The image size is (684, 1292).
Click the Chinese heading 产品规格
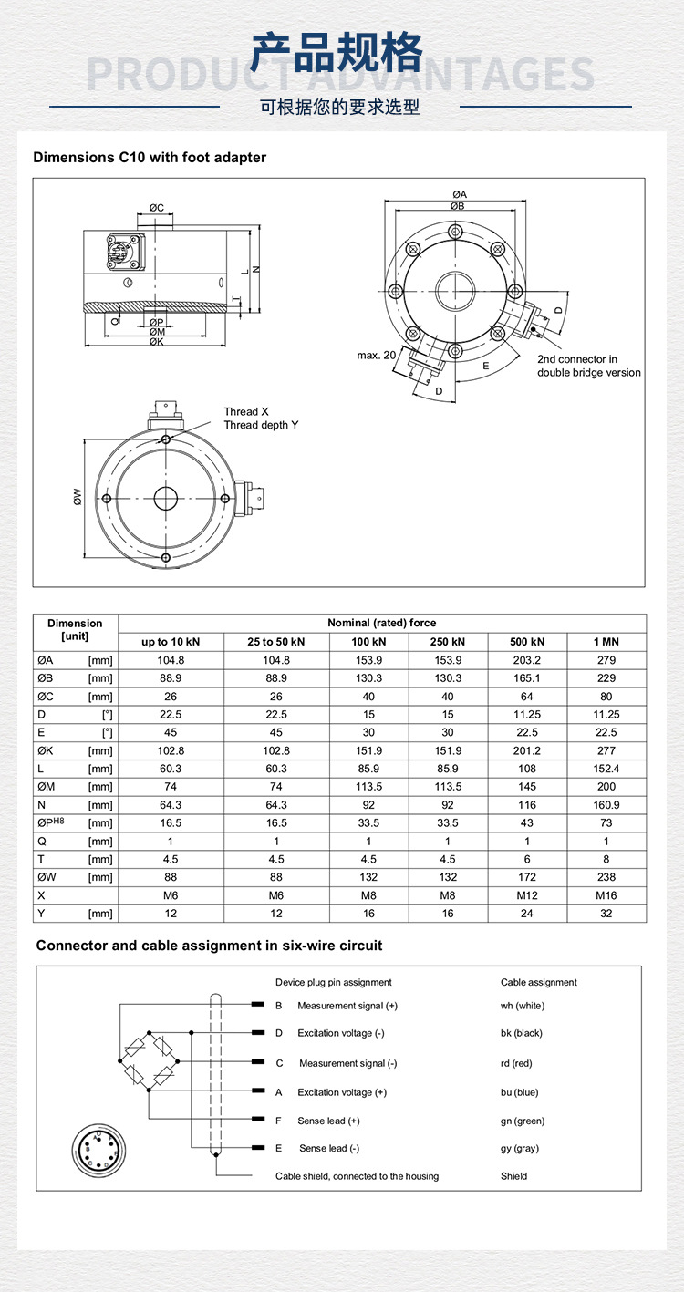click(x=337, y=53)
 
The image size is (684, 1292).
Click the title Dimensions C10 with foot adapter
click(x=150, y=158)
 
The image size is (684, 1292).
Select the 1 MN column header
click(x=606, y=642)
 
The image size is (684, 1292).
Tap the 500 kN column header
click(x=527, y=642)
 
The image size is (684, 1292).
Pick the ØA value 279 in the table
click(x=606, y=660)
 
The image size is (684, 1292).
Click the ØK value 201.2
click(x=527, y=750)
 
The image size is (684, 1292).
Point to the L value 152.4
click(x=606, y=769)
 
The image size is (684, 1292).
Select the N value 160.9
click(x=606, y=805)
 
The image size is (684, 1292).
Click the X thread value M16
click(x=606, y=895)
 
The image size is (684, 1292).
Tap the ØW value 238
click(x=606, y=877)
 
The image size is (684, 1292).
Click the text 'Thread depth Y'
click(x=262, y=425)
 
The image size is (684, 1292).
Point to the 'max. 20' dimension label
click(x=376, y=355)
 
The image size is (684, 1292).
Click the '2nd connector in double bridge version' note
click(x=588, y=366)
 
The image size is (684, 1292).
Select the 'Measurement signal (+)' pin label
click(x=347, y=1006)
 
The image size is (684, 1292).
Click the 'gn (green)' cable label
click(x=523, y=1121)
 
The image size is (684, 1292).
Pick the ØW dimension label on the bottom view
click(x=78, y=498)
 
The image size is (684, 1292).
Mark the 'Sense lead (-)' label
click(x=329, y=1148)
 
